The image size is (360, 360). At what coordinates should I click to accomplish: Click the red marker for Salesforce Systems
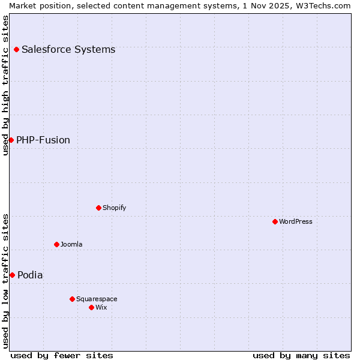point(16,49)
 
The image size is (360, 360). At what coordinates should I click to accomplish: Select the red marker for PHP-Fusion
point(11,140)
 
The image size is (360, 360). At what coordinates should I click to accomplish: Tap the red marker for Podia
point(12,275)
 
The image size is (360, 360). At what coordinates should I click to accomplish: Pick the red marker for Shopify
point(98,208)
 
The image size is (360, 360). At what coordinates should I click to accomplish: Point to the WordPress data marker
point(275,221)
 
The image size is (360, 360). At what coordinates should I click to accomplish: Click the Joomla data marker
point(56,244)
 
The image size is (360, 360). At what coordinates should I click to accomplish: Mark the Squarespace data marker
point(72,299)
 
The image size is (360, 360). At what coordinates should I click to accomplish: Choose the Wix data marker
point(91,307)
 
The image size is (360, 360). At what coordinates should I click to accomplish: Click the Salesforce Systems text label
point(68,49)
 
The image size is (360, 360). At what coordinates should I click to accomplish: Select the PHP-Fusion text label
point(43,140)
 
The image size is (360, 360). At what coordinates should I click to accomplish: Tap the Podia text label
point(30,275)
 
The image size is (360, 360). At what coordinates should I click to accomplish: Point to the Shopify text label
point(115,208)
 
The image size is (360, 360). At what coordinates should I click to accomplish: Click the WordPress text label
point(296,221)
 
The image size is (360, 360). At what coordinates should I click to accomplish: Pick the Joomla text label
point(71,244)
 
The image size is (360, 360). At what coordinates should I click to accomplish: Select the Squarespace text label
point(97,299)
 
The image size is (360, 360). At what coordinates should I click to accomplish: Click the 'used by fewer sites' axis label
point(62,355)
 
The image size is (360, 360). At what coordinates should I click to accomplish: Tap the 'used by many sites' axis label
point(301,355)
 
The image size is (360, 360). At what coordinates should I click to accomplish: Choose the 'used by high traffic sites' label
point(5,85)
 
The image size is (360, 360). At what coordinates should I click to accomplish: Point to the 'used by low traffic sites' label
point(5,281)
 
